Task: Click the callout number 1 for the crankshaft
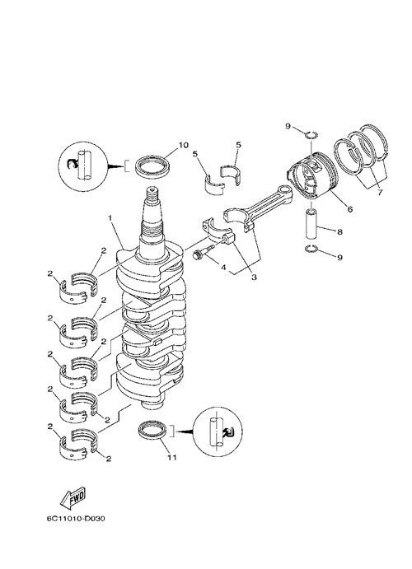click(110, 217)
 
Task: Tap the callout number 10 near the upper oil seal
click(183, 145)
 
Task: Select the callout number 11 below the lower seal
click(171, 457)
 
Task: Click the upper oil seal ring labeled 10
click(152, 166)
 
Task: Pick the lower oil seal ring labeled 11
click(153, 431)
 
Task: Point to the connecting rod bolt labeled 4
click(200, 253)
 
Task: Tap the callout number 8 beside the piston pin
click(339, 231)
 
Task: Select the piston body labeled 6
click(313, 175)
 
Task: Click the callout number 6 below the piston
click(349, 208)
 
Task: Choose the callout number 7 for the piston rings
click(380, 193)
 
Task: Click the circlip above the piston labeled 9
click(311, 135)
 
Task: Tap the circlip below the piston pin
click(311, 249)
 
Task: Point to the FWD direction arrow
click(73, 497)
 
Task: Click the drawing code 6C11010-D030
click(76, 519)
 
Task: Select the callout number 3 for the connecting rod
click(254, 277)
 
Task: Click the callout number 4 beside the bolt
click(223, 268)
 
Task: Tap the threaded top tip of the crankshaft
click(152, 189)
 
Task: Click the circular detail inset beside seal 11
click(217, 431)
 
